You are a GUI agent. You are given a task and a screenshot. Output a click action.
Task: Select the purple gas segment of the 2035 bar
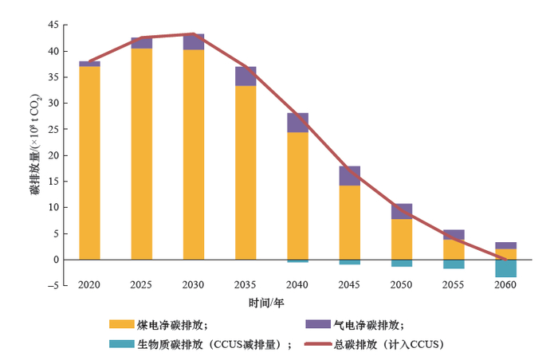point(246,76)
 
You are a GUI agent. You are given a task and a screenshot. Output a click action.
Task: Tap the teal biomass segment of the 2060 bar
point(505,268)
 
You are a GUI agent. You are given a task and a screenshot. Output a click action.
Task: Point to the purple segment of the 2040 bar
point(297,123)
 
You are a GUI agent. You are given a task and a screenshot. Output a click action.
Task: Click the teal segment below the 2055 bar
point(454,264)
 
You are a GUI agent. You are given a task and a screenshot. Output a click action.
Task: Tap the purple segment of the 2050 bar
point(402,211)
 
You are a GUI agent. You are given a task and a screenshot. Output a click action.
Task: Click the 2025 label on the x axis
point(142,285)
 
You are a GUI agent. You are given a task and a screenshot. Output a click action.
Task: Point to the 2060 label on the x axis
point(505,285)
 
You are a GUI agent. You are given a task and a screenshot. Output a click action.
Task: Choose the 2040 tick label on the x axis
point(297,285)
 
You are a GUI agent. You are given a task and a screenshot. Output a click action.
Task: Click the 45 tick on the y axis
point(53,25)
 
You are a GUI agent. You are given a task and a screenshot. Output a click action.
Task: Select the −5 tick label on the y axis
point(52,286)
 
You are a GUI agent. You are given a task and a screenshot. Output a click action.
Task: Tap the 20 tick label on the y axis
point(53,155)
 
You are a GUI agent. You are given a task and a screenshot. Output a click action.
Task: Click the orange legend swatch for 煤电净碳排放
point(121,324)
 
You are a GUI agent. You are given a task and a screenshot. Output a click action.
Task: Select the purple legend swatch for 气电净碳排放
point(318,324)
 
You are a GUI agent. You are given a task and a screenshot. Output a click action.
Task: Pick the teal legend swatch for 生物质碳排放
point(121,343)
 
